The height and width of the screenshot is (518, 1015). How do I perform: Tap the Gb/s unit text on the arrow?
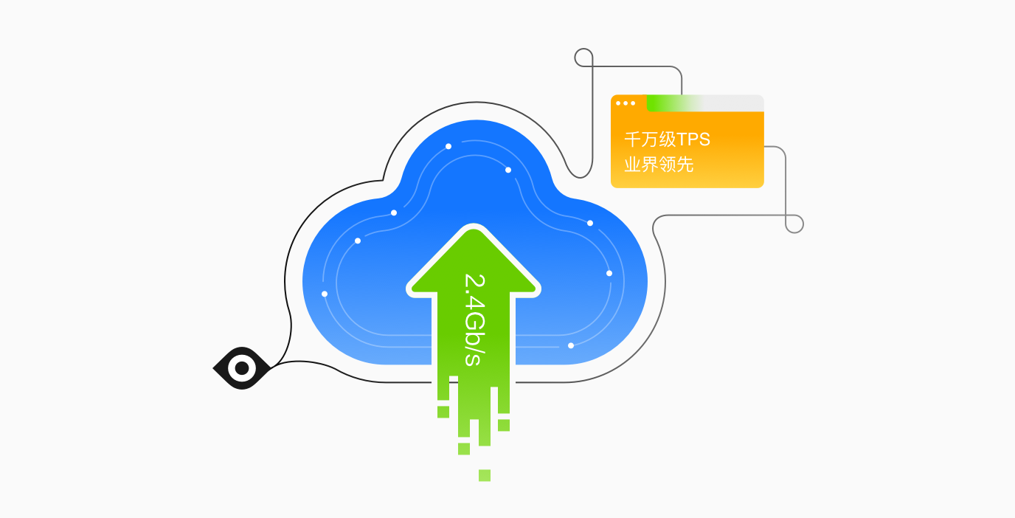473,339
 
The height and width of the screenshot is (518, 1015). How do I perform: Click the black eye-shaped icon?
241,367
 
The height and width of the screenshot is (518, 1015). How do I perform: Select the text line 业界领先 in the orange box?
659,164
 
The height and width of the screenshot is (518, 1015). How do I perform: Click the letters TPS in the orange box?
693,139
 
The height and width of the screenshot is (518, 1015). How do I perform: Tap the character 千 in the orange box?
632,139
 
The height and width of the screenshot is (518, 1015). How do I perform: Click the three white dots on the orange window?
625,103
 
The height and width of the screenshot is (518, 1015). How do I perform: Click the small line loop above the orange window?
583,58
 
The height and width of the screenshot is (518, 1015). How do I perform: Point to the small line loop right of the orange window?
794,224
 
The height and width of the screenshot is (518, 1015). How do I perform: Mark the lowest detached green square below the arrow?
485,475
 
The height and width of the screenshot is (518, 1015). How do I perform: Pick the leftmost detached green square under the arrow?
443,412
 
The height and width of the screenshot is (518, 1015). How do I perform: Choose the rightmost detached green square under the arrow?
504,425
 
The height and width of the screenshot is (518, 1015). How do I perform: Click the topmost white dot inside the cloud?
448,146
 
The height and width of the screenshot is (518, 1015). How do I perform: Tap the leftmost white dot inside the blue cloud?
325,294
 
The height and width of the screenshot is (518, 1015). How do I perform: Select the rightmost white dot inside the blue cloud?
609,273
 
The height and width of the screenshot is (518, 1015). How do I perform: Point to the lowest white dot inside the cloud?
570,345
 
